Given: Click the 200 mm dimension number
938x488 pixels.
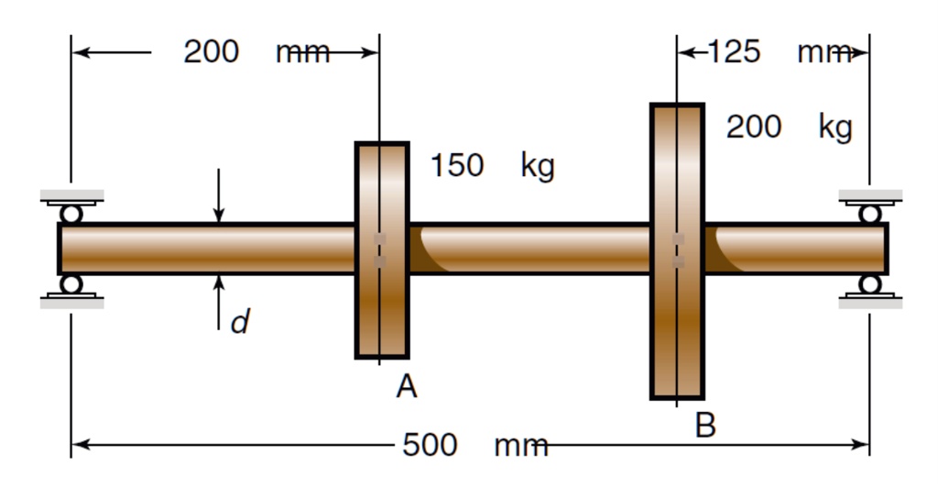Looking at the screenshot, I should point(212,51).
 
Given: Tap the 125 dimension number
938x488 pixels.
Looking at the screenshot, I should point(734,51).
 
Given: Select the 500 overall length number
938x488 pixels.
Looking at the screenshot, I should point(430,445).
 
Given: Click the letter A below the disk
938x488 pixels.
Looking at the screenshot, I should point(407,387).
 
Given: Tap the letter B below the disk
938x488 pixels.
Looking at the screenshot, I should point(704,425).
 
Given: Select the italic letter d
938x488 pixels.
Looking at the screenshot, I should point(239,322).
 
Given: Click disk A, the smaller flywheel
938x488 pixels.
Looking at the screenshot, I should point(382,312).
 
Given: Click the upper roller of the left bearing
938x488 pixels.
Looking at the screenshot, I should point(71,214).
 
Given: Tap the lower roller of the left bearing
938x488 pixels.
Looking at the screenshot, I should point(71,283).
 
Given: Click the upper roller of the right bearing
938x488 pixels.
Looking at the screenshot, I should point(869,214).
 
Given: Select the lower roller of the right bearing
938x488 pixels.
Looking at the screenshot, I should point(869,283).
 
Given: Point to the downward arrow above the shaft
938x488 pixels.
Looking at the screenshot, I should point(218,196).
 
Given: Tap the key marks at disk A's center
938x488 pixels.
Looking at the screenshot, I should point(380,250).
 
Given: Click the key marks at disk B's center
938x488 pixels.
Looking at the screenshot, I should point(678,250).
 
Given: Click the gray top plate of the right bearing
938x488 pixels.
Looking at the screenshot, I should point(870,195).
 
